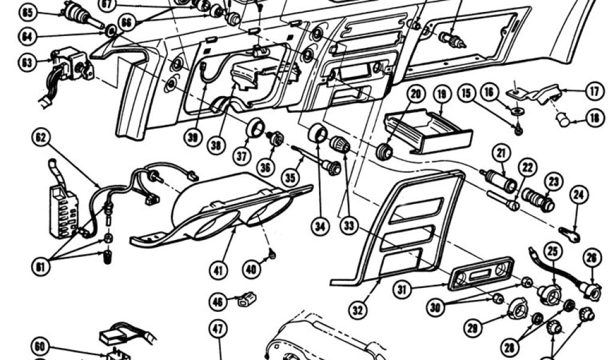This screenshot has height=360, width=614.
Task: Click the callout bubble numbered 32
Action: tap(358, 310)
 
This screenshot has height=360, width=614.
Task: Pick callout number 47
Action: tap(218, 328)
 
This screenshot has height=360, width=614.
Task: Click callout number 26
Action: tap(591, 258)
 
